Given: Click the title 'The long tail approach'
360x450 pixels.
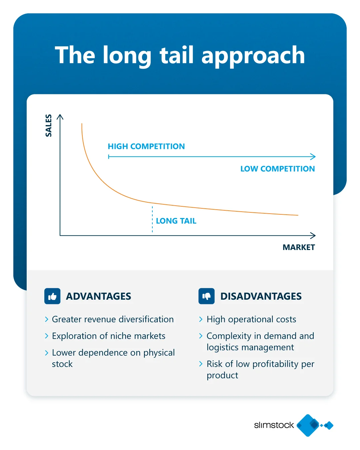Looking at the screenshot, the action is click(x=180, y=55).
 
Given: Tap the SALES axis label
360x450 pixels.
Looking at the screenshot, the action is click(x=49, y=125).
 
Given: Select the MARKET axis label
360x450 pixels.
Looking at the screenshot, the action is click(x=299, y=247).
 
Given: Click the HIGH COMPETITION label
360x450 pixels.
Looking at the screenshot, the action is click(x=146, y=146).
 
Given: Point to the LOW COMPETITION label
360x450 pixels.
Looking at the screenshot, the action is click(x=277, y=169).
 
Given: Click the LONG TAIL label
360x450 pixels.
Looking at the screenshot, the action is click(x=176, y=221).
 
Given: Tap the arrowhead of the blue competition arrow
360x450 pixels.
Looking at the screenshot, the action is click(x=313, y=157).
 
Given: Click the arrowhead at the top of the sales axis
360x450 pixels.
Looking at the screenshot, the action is click(x=60, y=117).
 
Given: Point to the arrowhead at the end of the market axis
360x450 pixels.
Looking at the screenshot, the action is click(x=313, y=235).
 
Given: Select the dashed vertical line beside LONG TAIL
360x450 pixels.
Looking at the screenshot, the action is click(x=152, y=219).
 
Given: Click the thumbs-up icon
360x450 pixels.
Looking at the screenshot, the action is click(x=52, y=296).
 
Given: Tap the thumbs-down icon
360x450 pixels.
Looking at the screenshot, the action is click(x=206, y=296).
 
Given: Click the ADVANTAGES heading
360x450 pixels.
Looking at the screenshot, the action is click(x=99, y=296).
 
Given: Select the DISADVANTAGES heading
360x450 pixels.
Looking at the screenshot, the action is click(x=261, y=296).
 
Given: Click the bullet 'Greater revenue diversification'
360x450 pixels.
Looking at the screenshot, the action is click(x=113, y=319).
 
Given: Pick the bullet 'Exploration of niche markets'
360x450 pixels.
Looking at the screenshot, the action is click(x=109, y=336).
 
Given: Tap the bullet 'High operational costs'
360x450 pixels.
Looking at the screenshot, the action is click(x=251, y=320).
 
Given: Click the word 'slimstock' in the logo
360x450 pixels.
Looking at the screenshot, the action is click(x=274, y=425).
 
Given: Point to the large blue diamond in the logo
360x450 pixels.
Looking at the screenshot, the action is click(x=308, y=425).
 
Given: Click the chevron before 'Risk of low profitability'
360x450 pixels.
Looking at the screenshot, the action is click(x=201, y=364).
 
